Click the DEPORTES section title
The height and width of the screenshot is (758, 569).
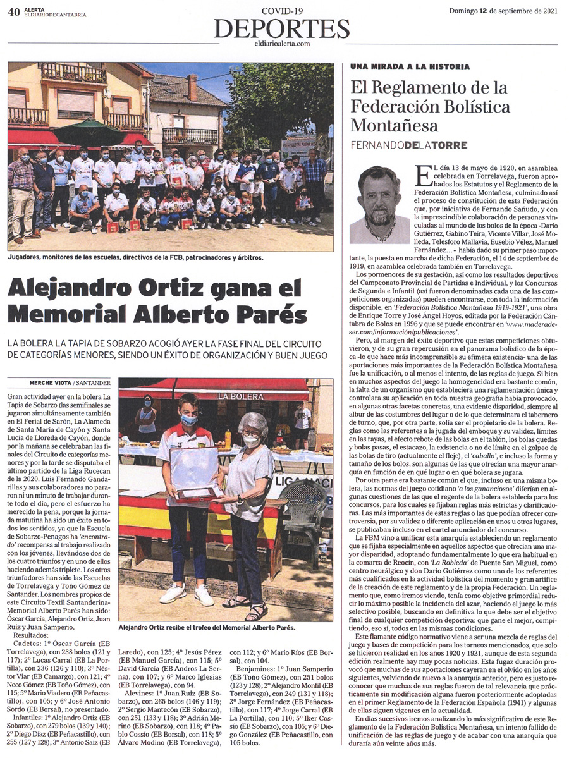(x=281, y=29)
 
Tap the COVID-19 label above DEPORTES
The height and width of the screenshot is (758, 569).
(x=281, y=11)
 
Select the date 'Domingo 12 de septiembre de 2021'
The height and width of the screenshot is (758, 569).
(x=504, y=11)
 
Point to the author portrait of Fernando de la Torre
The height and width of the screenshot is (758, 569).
(x=380, y=204)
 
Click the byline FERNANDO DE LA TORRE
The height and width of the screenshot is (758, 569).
(x=409, y=145)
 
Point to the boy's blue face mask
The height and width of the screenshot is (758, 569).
(x=188, y=419)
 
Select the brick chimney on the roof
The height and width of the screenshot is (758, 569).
(x=192, y=86)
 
